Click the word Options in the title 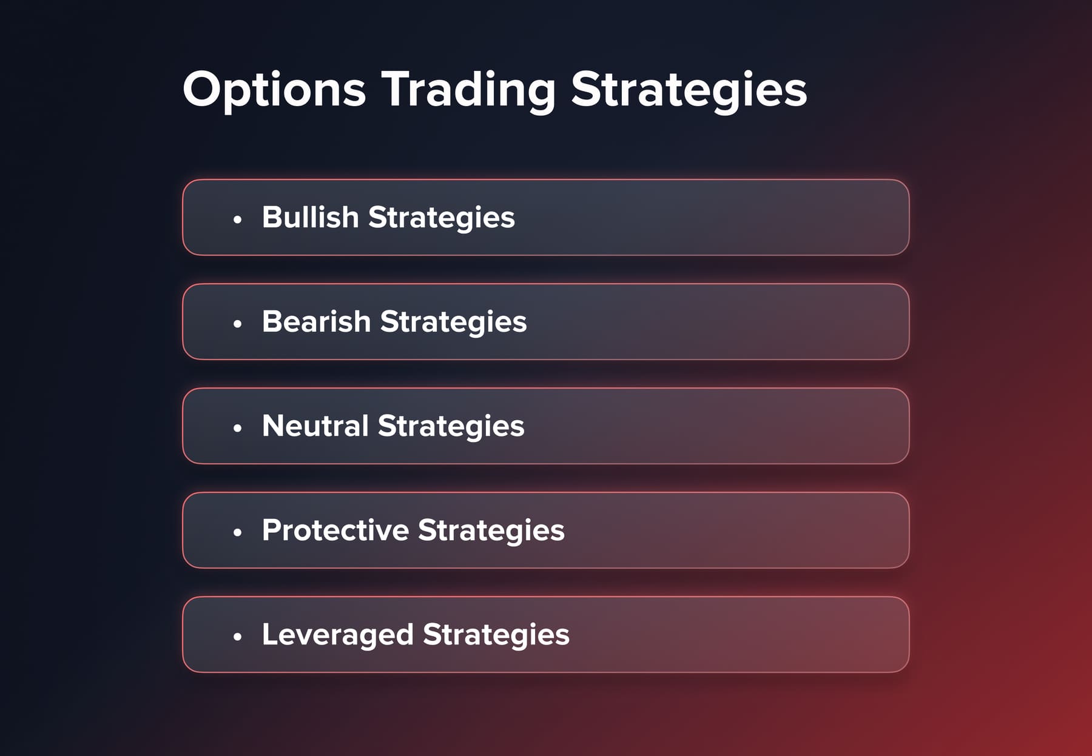[x=274, y=90]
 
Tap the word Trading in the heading [x=468, y=90]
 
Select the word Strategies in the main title [x=689, y=90]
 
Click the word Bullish [x=310, y=217]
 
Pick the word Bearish [x=316, y=321]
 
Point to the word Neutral [x=315, y=426]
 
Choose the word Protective [x=335, y=530]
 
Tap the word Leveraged [x=337, y=634]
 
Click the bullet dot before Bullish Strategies [x=237, y=219]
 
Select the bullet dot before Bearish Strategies [x=237, y=324]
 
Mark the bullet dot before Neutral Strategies [x=237, y=428]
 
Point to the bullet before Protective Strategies [x=237, y=532]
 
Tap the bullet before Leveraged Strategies [x=237, y=637]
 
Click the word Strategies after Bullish [x=441, y=217]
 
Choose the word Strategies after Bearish [x=453, y=321]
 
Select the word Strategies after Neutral [x=451, y=426]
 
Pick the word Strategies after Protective [x=491, y=530]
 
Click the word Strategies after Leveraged [x=496, y=634]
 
